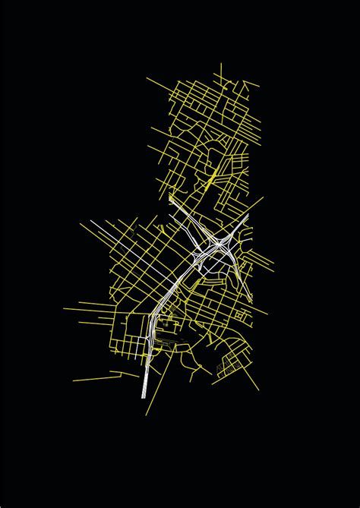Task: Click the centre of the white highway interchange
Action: pyautogui.click(x=217, y=244)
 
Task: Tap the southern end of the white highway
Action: pyautogui.click(x=145, y=396)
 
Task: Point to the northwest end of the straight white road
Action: pyautogui.click(x=92, y=220)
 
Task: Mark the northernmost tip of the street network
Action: pyautogui.click(x=221, y=65)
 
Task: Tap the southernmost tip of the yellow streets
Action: pyautogui.click(x=147, y=415)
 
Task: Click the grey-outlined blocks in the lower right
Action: pyautogui.click(x=227, y=368)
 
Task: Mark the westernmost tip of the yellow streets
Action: pyautogui.click(x=64, y=308)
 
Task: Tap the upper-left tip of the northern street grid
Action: pyautogui.click(x=147, y=77)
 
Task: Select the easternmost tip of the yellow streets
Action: pyautogui.click(x=275, y=265)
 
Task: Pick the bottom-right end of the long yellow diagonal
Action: pyautogui.click(x=258, y=392)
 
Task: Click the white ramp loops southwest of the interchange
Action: pyautogui.click(x=199, y=262)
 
